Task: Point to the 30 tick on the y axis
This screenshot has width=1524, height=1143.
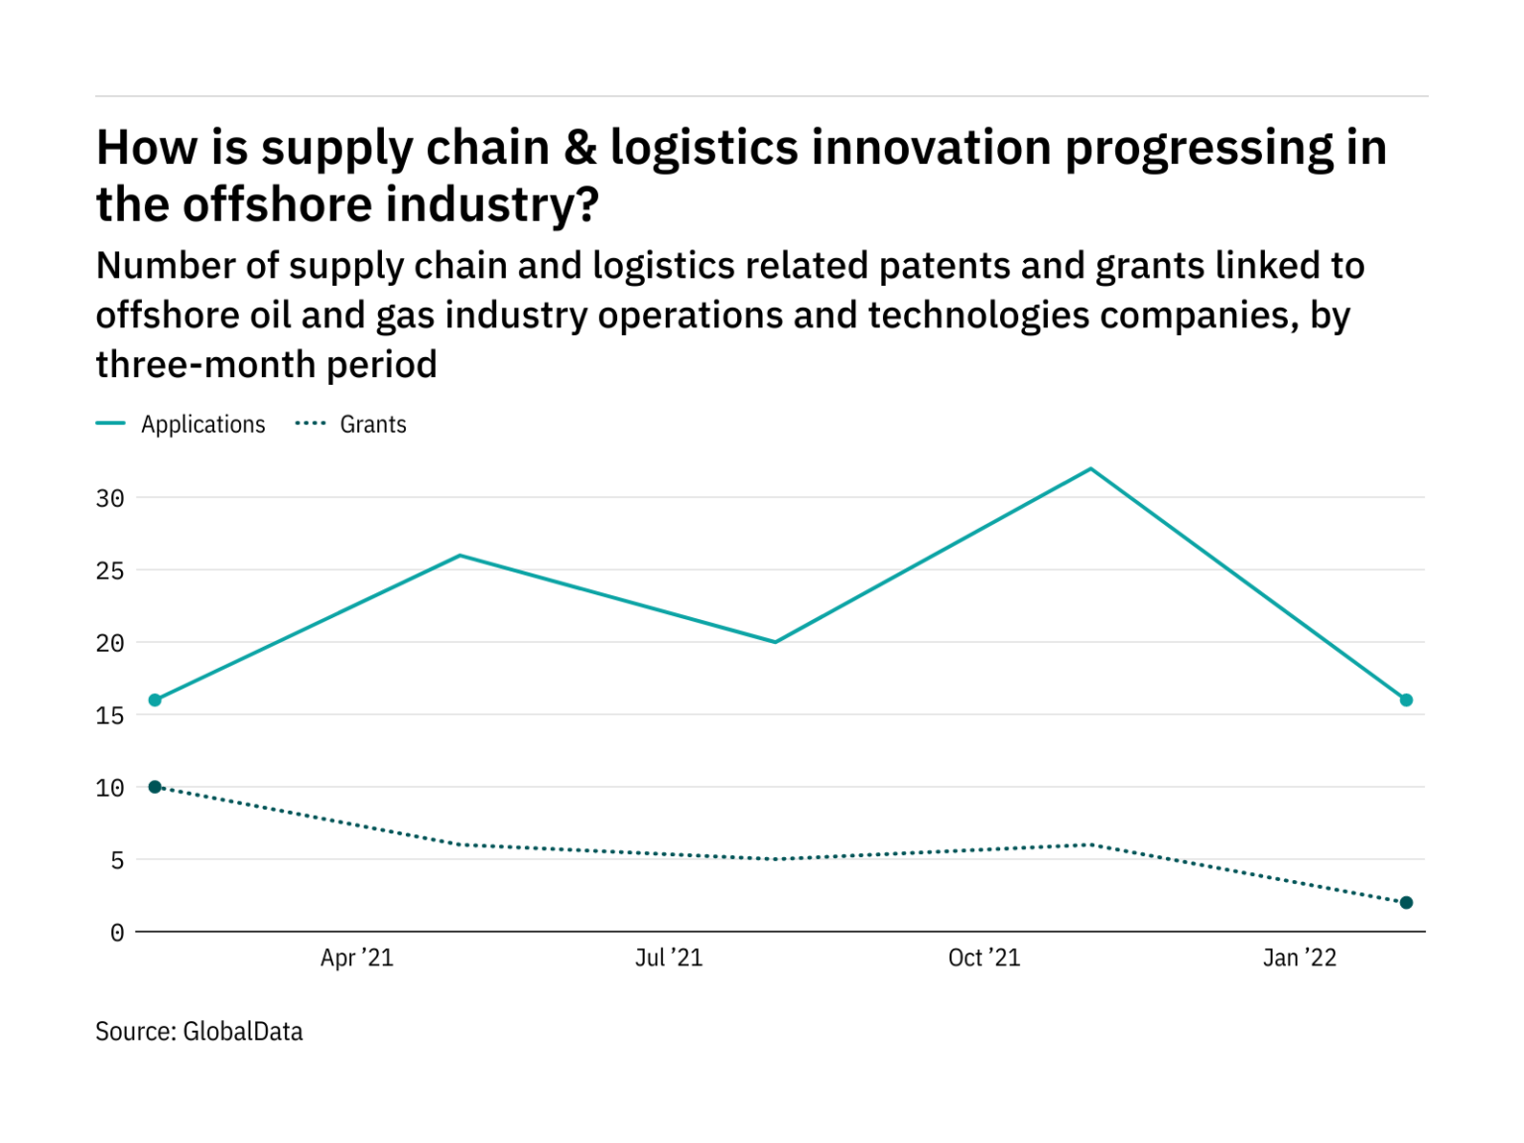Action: tap(110, 498)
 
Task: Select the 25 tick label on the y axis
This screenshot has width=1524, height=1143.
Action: tap(110, 571)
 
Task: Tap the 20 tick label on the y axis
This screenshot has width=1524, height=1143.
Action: tap(110, 643)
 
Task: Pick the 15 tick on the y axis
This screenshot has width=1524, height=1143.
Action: tap(110, 715)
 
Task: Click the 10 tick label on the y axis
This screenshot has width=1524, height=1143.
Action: tap(110, 788)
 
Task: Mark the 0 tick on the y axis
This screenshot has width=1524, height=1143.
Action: tap(117, 933)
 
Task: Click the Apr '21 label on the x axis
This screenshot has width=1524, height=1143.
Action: tap(357, 957)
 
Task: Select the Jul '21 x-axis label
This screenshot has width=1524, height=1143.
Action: tap(669, 957)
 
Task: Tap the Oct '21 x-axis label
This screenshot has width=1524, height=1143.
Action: tap(984, 957)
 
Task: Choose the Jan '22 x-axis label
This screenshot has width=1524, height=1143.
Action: tap(1300, 957)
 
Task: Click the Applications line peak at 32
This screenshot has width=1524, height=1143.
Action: tap(1090, 469)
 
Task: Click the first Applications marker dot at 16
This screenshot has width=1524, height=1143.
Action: tap(155, 700)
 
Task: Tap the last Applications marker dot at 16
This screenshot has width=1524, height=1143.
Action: tap(1406, 700)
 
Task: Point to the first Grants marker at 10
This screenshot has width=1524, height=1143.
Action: tap(155, 787)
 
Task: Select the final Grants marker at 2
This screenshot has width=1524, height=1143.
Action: tap(1406, 903)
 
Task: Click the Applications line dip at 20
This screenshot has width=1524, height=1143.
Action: tap(775, 642)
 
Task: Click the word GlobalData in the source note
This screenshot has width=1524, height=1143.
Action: tap(243, 1032)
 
